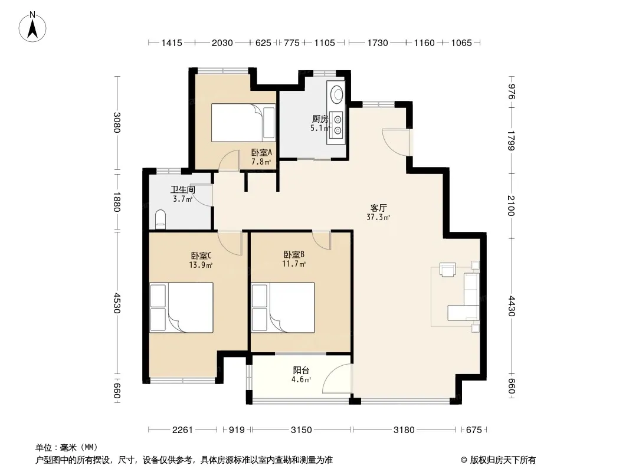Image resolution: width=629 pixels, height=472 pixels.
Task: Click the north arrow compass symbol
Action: coord(32,27)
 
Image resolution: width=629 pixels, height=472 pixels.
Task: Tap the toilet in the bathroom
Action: coord(160,219)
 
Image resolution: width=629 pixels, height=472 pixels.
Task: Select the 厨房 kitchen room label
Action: coord(320,119)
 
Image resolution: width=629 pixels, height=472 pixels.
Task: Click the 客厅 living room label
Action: coord(378,208)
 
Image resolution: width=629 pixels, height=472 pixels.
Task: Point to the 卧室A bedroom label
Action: coord(261,152)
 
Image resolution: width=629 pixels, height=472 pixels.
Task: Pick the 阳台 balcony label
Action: coord(301,370)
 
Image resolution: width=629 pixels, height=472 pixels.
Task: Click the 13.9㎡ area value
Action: coord(201,265)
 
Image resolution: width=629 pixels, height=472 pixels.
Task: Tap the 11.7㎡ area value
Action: coord(294,264)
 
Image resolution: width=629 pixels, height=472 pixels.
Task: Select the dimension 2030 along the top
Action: coord(222,42)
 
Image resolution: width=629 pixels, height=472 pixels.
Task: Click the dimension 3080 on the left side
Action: coord(117,122)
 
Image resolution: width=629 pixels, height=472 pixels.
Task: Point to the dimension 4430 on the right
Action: coord(511,306)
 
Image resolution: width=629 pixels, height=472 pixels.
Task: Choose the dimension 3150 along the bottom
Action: coord(302,430)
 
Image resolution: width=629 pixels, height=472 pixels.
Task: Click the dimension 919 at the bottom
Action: coord(237,430)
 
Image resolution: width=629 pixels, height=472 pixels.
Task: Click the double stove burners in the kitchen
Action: coord(338,124)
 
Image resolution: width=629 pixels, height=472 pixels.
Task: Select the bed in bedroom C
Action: coord(181,307)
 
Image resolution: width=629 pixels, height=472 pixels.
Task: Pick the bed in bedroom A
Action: coord(244,123)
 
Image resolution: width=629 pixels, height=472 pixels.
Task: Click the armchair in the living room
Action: coord(448,269)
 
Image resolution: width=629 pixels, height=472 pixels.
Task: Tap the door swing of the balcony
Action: coord(337,378)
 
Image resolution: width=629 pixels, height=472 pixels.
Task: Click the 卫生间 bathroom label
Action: coord(183,189)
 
